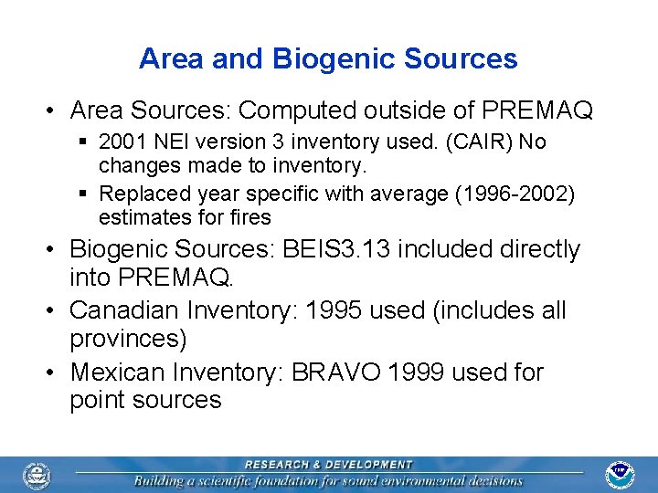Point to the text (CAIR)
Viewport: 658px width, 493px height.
tap(477, 142)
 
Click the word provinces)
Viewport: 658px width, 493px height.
tap(128, 339)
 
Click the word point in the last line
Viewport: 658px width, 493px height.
tap(100, 400)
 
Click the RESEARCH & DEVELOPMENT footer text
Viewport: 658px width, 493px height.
tap(329, 465)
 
